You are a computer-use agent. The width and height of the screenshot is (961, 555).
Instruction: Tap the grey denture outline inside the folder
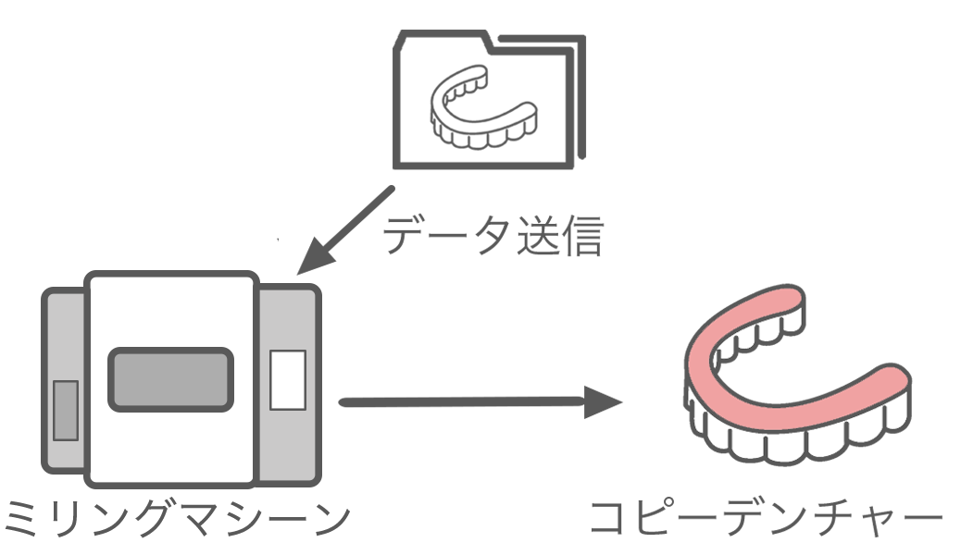481,108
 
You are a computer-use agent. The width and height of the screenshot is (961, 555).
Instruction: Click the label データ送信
493,237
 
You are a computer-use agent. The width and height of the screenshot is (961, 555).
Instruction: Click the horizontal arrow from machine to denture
463,402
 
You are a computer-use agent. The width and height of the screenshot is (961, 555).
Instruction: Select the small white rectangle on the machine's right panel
287,379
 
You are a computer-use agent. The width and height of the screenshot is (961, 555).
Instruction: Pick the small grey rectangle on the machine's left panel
65,410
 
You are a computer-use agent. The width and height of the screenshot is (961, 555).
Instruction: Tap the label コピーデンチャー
767,523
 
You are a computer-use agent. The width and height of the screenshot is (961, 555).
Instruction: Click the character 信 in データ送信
581,237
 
